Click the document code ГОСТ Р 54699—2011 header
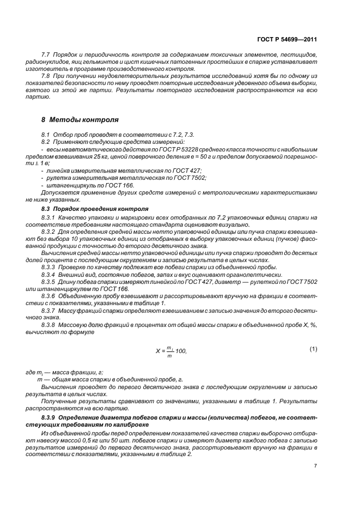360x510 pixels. coord(288,40)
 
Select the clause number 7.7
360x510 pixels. coord(46,55)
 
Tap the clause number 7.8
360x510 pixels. coord(46,76)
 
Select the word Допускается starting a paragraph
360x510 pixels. coord(59,193)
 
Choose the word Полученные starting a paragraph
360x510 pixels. coord(60,400)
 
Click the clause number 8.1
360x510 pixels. coord(46,133)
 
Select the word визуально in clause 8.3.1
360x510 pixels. coord(235,224)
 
